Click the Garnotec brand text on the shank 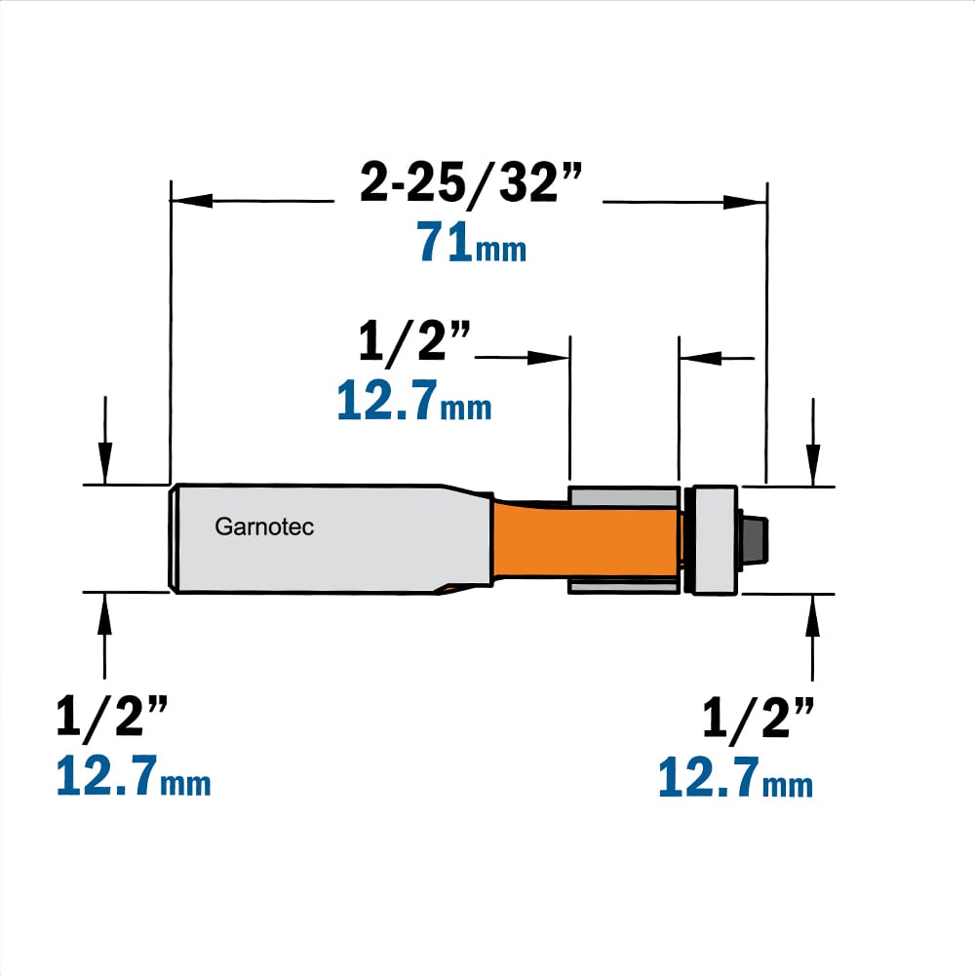coord(264,526)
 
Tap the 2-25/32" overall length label coord(471,183)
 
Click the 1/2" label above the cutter coord(414,340)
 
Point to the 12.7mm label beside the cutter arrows coord(414,400)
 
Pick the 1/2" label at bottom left coord(112,717)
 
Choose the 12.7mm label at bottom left coord(133,775)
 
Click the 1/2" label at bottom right coord(758,717)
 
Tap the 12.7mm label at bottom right coord(735,777)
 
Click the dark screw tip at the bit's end coord(754,540)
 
